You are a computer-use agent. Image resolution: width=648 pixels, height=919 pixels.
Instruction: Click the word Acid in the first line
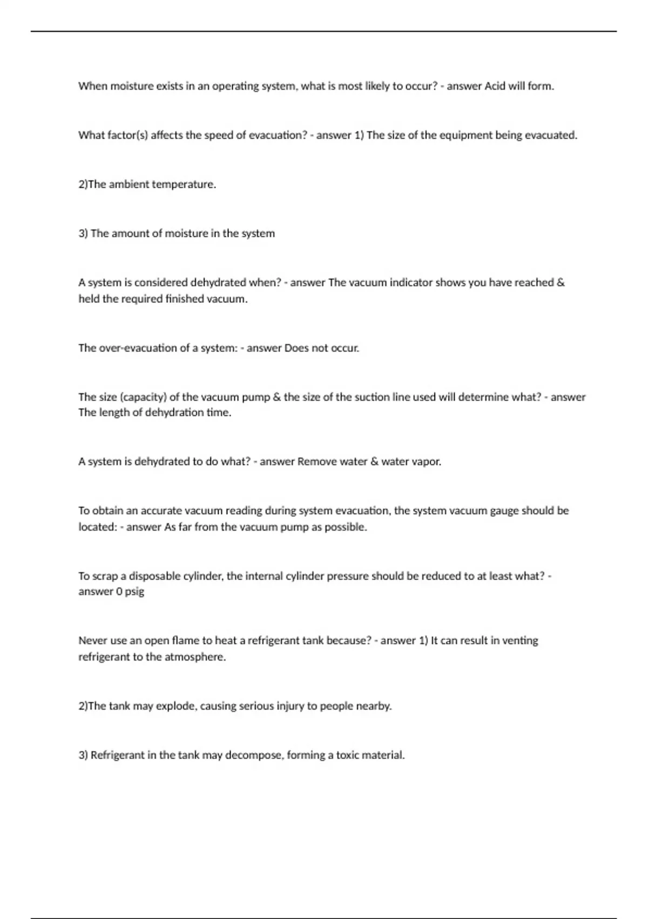495,86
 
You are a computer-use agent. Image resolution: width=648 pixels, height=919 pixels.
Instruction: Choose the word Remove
316,462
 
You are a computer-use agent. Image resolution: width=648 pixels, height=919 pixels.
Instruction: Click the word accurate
161,511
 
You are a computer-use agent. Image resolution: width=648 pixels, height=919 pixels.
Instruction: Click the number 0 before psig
119,591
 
